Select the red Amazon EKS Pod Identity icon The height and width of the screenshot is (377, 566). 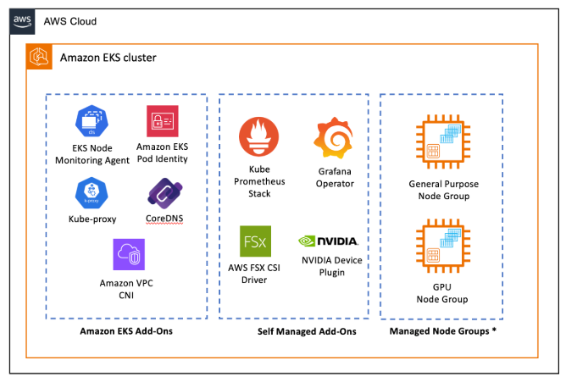pos(162,121)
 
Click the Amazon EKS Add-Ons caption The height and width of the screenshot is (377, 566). pos(126,331)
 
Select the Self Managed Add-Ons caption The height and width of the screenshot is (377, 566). pos(295,331)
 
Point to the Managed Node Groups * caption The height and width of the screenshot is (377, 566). pos(442,331)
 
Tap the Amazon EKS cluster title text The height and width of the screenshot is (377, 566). pos(108,58)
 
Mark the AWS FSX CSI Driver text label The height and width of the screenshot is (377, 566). pos(253,274)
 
